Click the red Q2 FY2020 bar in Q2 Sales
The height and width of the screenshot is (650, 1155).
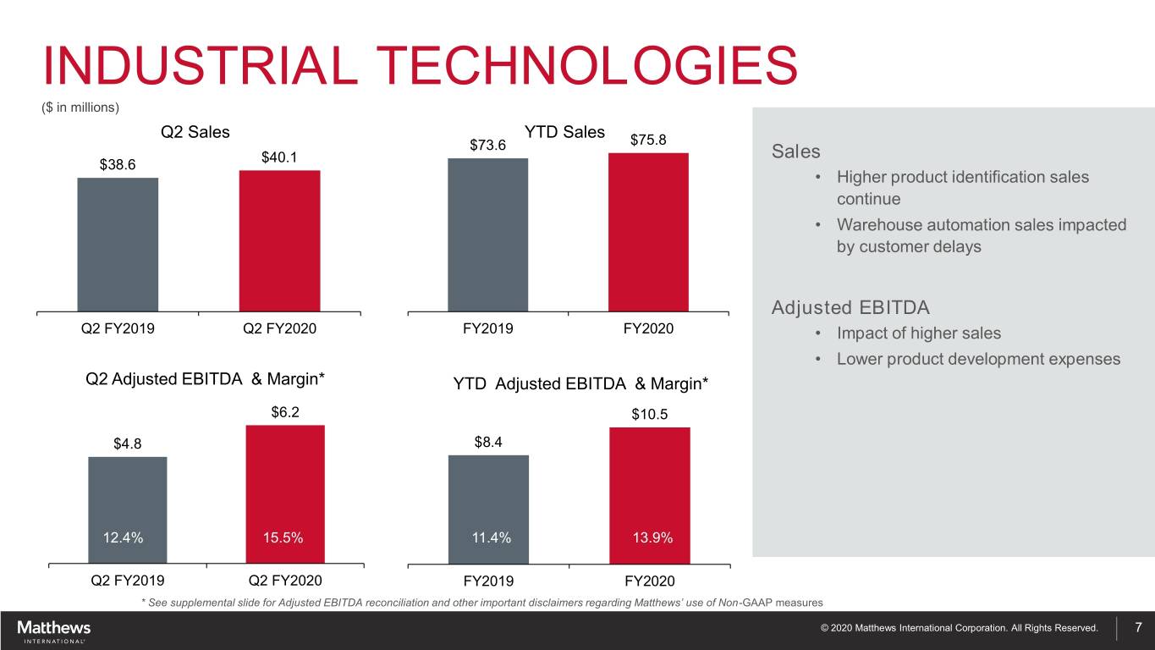279,241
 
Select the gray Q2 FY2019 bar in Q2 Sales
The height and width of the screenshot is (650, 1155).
118,245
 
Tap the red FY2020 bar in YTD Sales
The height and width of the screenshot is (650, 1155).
648,232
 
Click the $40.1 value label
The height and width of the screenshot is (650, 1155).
279,157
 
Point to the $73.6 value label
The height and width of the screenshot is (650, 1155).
487,145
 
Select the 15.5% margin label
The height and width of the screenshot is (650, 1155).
284,538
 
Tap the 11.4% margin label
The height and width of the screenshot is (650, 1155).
491,538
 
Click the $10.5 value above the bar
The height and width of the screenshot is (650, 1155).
649,414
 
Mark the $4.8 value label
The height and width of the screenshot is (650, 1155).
129,443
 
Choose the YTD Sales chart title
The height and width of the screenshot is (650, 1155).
564,132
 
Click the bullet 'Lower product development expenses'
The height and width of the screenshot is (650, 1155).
978,359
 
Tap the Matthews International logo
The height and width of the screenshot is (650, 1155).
54,631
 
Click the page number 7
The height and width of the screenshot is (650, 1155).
1138,627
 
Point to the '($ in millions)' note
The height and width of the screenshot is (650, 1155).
80,107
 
